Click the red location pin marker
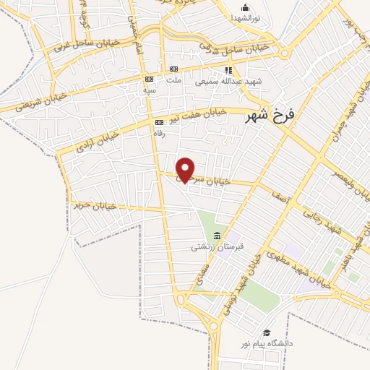coord(186,169)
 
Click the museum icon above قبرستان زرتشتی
coord(218,236)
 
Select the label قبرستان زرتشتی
coord(218,247)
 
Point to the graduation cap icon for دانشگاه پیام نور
coord(267,333)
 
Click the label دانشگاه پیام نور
coord(267,343)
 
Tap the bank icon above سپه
coord(149,79)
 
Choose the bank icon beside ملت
coord(173,69)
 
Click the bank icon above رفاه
coord(158,123)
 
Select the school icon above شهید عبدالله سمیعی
coord(228,71)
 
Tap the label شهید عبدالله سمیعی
coord(230,82)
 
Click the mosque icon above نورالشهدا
coord(246,8)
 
